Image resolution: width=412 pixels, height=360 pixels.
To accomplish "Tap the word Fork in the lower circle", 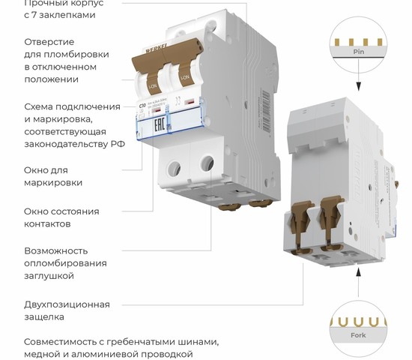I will pyautogui.click(x=359, y=334).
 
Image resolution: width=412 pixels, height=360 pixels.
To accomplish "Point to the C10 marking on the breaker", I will pyautogui.click(x=143, y=107).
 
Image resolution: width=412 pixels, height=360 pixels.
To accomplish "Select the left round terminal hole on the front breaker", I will pyautogui.click(x=177, y=169).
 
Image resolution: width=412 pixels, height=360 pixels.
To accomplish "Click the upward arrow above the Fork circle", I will pyautogui.click(x=359, y=277).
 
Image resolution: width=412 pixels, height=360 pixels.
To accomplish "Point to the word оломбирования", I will pyautogui.click(x=64, y=263).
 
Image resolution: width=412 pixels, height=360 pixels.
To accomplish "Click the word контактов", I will pyautogui.click(x=47, y=223).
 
